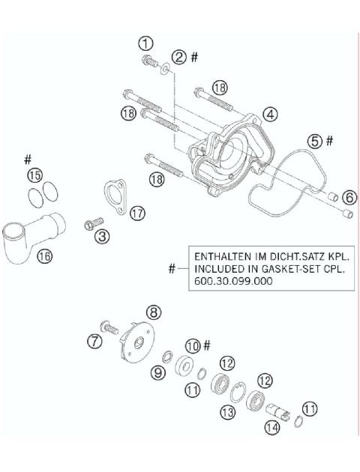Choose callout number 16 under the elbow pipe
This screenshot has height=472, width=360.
[44, 255]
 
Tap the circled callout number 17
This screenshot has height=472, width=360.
[136, 214]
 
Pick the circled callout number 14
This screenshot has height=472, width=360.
[271, 428]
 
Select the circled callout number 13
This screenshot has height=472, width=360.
[226, 411]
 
